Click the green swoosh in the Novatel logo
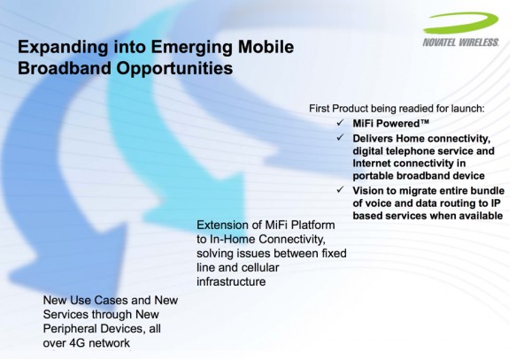click(x=461, y=22)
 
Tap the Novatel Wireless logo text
click(x=461, y=42)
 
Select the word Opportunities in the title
click(x=174, y=68)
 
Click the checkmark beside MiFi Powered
click(x=340, y=123)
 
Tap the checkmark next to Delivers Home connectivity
click(x=340, y=137)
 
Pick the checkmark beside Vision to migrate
click(x=340, y=189)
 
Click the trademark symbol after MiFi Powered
click(x=425, y=121)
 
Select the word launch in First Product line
click(x=468, y=109)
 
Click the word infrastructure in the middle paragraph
click(x=231, y=282)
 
